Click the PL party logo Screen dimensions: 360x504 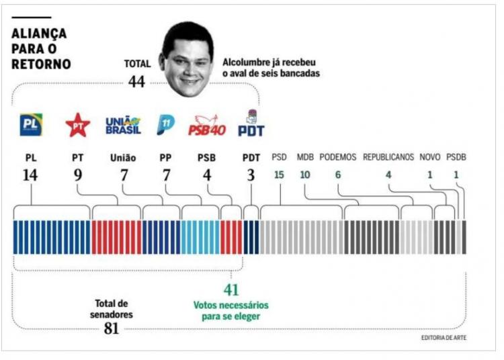click(x=31, y=125)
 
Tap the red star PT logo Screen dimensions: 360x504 click(x=77, y=125)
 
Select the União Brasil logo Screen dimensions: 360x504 click(x=123, y=125)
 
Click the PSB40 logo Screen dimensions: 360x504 click(x=207, y=125)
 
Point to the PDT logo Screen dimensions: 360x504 click(x=251, y=124)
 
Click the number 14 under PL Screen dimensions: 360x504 click(x=31, y=176)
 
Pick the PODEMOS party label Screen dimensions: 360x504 click(x=338, y=157)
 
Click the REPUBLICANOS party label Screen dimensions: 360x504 click(x=388, y=157)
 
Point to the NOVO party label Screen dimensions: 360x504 click(x=430, y=157)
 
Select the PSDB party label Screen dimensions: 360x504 click(x=456, y=157)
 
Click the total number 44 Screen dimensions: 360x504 click(x=137, y=81)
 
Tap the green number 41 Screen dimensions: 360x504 click(x=231, y=291)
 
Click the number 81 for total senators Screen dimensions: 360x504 click(x=112, y=328)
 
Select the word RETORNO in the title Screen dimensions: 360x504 click(x=41, y=64)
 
